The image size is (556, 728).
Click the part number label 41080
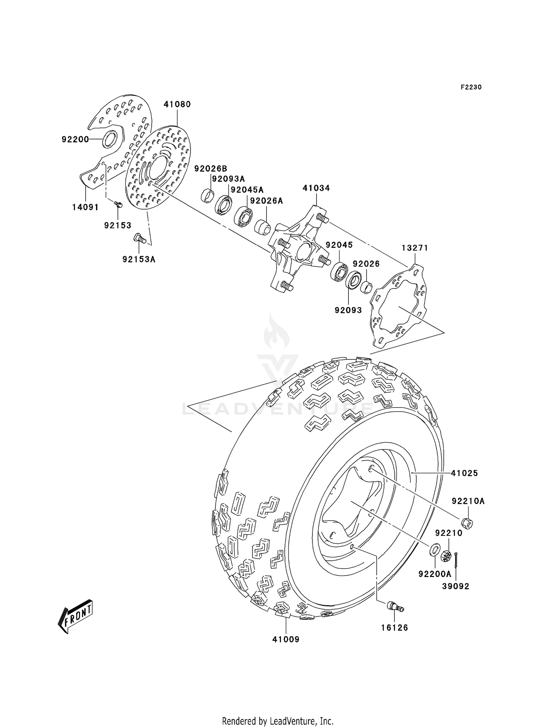[x=177, y=105]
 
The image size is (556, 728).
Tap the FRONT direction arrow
[x=75, y=616]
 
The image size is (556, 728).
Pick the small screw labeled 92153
[x=118, y=204]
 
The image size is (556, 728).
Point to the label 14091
[x=85, y=207]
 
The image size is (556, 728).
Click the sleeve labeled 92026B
[x=208, y=195]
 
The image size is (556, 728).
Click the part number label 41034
[x=316, y=188]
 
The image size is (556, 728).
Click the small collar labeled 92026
[x=366, y=287]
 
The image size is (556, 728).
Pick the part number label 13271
[x=415, y=248]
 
